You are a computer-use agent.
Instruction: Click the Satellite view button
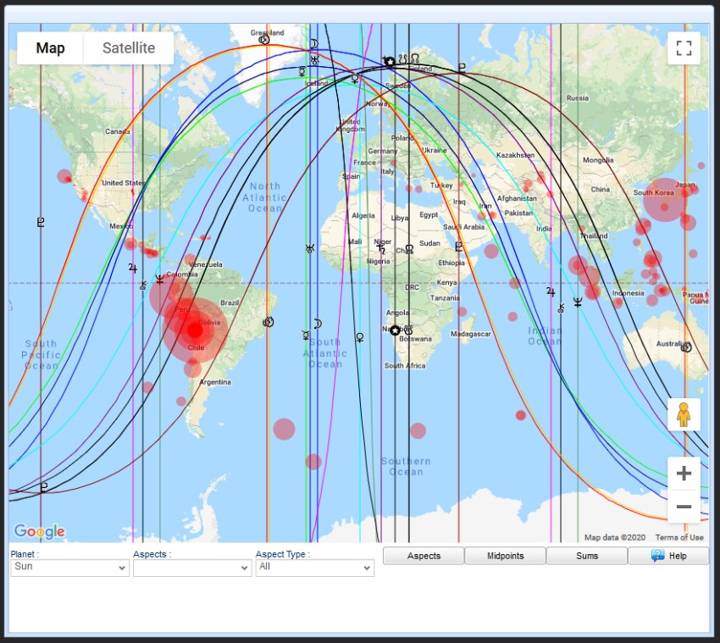(x=129, y=48)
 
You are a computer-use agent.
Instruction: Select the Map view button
(x=51, y=48)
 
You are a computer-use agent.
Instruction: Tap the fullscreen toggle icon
(x=684, y=48)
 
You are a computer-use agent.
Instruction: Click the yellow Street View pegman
(x=684, y=414)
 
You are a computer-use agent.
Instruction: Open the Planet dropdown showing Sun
(x=69, y=567)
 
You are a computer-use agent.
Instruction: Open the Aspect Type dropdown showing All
(x=314, y=567)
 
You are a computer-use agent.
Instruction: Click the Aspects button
(x=424, y=556)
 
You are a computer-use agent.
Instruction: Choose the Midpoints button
(x=505, y=556)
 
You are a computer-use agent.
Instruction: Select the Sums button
(x=587, y=556)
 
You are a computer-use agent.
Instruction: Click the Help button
(x=668, y=556)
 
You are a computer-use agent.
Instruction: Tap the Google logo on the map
(x=39, y=532)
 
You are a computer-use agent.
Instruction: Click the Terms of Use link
(x=679, y=537)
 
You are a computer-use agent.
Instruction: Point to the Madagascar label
(x=471, y=334)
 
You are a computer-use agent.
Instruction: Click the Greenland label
(x=268, y=33)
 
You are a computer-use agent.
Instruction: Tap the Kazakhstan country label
(x=515, y=155)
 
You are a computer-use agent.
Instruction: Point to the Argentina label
(x=215, y=382)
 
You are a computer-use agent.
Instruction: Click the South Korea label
(x=654, y=192)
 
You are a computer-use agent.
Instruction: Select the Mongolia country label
(x=598, y=160)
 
